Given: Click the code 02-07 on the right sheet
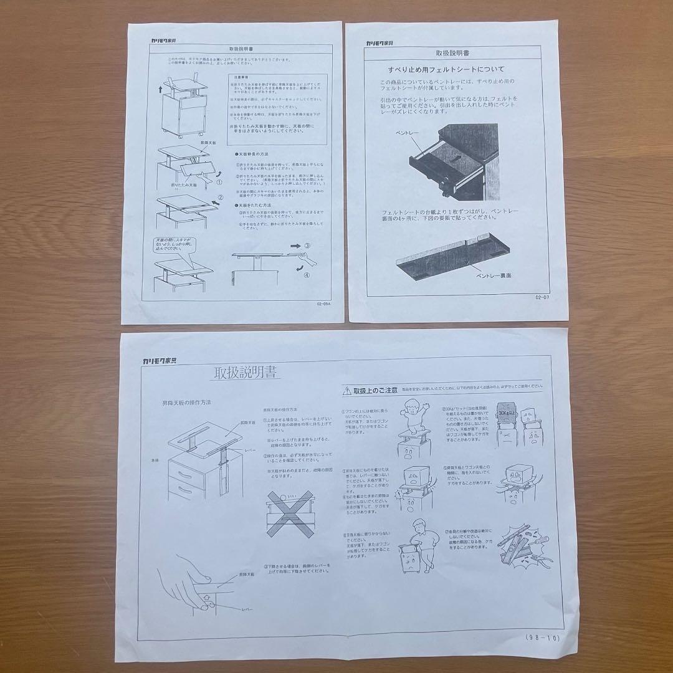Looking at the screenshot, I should [x=543, y=297].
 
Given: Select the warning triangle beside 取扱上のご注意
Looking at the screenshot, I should [x=346, y=391].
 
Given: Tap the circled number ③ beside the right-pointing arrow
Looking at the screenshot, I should [x=306, y=246].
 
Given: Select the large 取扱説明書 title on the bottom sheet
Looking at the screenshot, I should [x=246, y=373].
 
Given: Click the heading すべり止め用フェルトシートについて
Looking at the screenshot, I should [x=446, y=69].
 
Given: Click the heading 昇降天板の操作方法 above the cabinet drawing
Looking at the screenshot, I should [x=186, y=403].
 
